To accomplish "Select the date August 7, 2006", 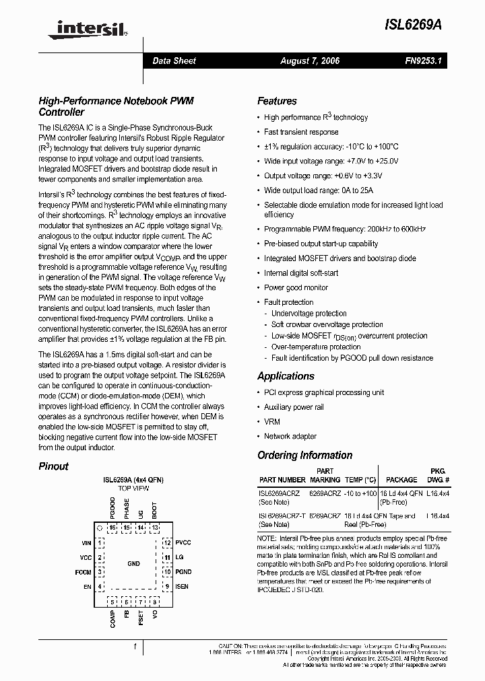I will (x=310, y=61).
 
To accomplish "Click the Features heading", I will (x=277, y=101).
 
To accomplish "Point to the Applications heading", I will (x=286, y=376).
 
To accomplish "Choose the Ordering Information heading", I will (x=304, y=455).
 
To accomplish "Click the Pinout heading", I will (x=53, y=466).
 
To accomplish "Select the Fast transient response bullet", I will (x=301, y=132).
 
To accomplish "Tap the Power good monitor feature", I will (x=296, y=287).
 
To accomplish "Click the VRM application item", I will (x=272, y=421).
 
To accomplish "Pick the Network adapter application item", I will (x=290, y=436).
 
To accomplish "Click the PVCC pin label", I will (x=183, y=542).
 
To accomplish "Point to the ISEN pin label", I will (x=183, y=587).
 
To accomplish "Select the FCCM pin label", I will (x=83, y=572).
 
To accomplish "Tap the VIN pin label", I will (x=86, y=542).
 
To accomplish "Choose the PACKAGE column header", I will (x=401, y=480).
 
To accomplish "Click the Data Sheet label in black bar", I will (x=174, y=61).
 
